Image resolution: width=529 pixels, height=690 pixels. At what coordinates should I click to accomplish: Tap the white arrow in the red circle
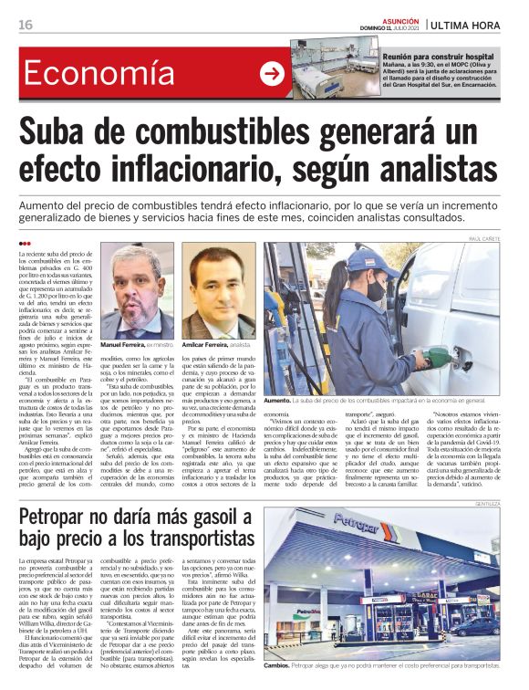coord(272,74)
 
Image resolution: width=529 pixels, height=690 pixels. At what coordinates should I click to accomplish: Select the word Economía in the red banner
coord(99,74)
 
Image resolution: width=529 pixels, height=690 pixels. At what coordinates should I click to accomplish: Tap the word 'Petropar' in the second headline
coord(60,517)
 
